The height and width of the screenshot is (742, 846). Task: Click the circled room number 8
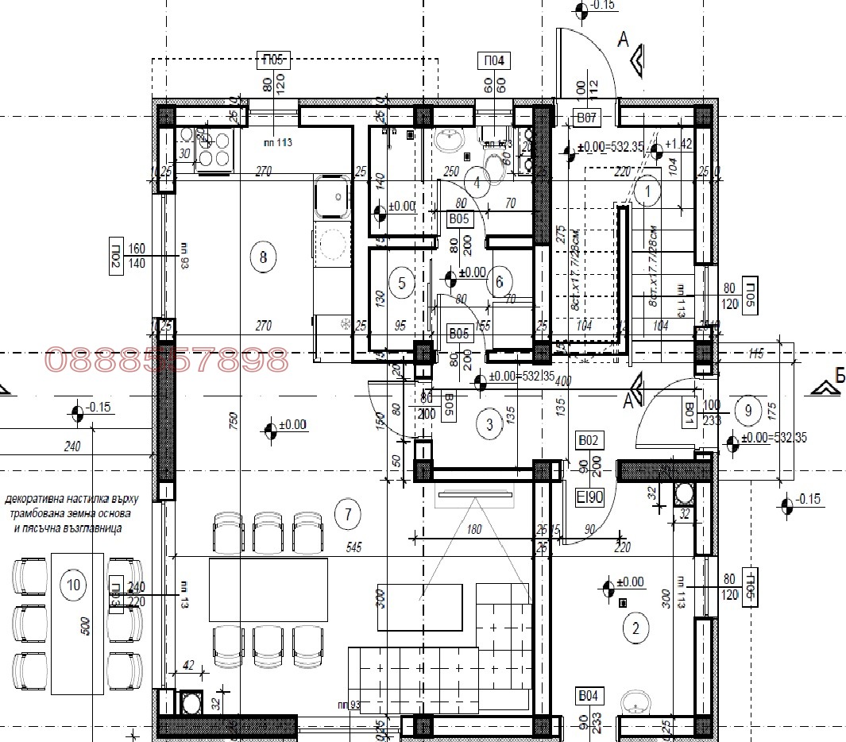(x=263, y=257)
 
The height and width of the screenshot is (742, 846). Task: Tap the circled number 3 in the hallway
(x=489, y=424)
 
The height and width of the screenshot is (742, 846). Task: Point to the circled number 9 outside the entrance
(x=747, y=410)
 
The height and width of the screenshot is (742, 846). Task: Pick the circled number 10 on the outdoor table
(x=74, y=586)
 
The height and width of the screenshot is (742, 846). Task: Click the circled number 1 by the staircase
(x=647, y=191)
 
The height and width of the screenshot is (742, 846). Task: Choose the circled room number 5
(x=401, y=282)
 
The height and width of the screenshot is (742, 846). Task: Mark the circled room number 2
(x=634, y=629)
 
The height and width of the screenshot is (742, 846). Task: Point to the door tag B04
(x=588, y=696)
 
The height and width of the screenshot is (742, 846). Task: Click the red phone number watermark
(x=167, y=361)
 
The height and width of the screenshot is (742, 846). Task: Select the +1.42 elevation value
(x=678, y=144)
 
